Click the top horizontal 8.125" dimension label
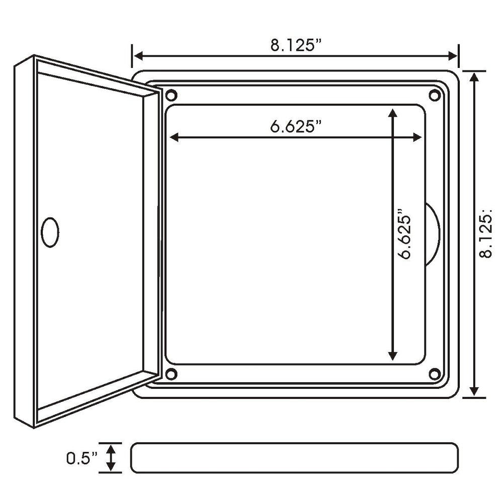(x=296, y=45)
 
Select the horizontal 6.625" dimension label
(x=296, y=126)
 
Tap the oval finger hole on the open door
(x=49, y=232)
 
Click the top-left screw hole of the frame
(x=171, y=95)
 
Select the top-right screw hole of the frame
(x=434, y=95)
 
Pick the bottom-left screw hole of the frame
(x=171, y=373)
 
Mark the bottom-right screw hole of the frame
(x=434, y=373)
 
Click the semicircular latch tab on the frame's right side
(x=433, y=234)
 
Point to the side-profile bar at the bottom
(x=295, y=458)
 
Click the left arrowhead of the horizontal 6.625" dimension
(x=175, y=137)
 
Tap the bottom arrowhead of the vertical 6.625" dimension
(x=393, y=356)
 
